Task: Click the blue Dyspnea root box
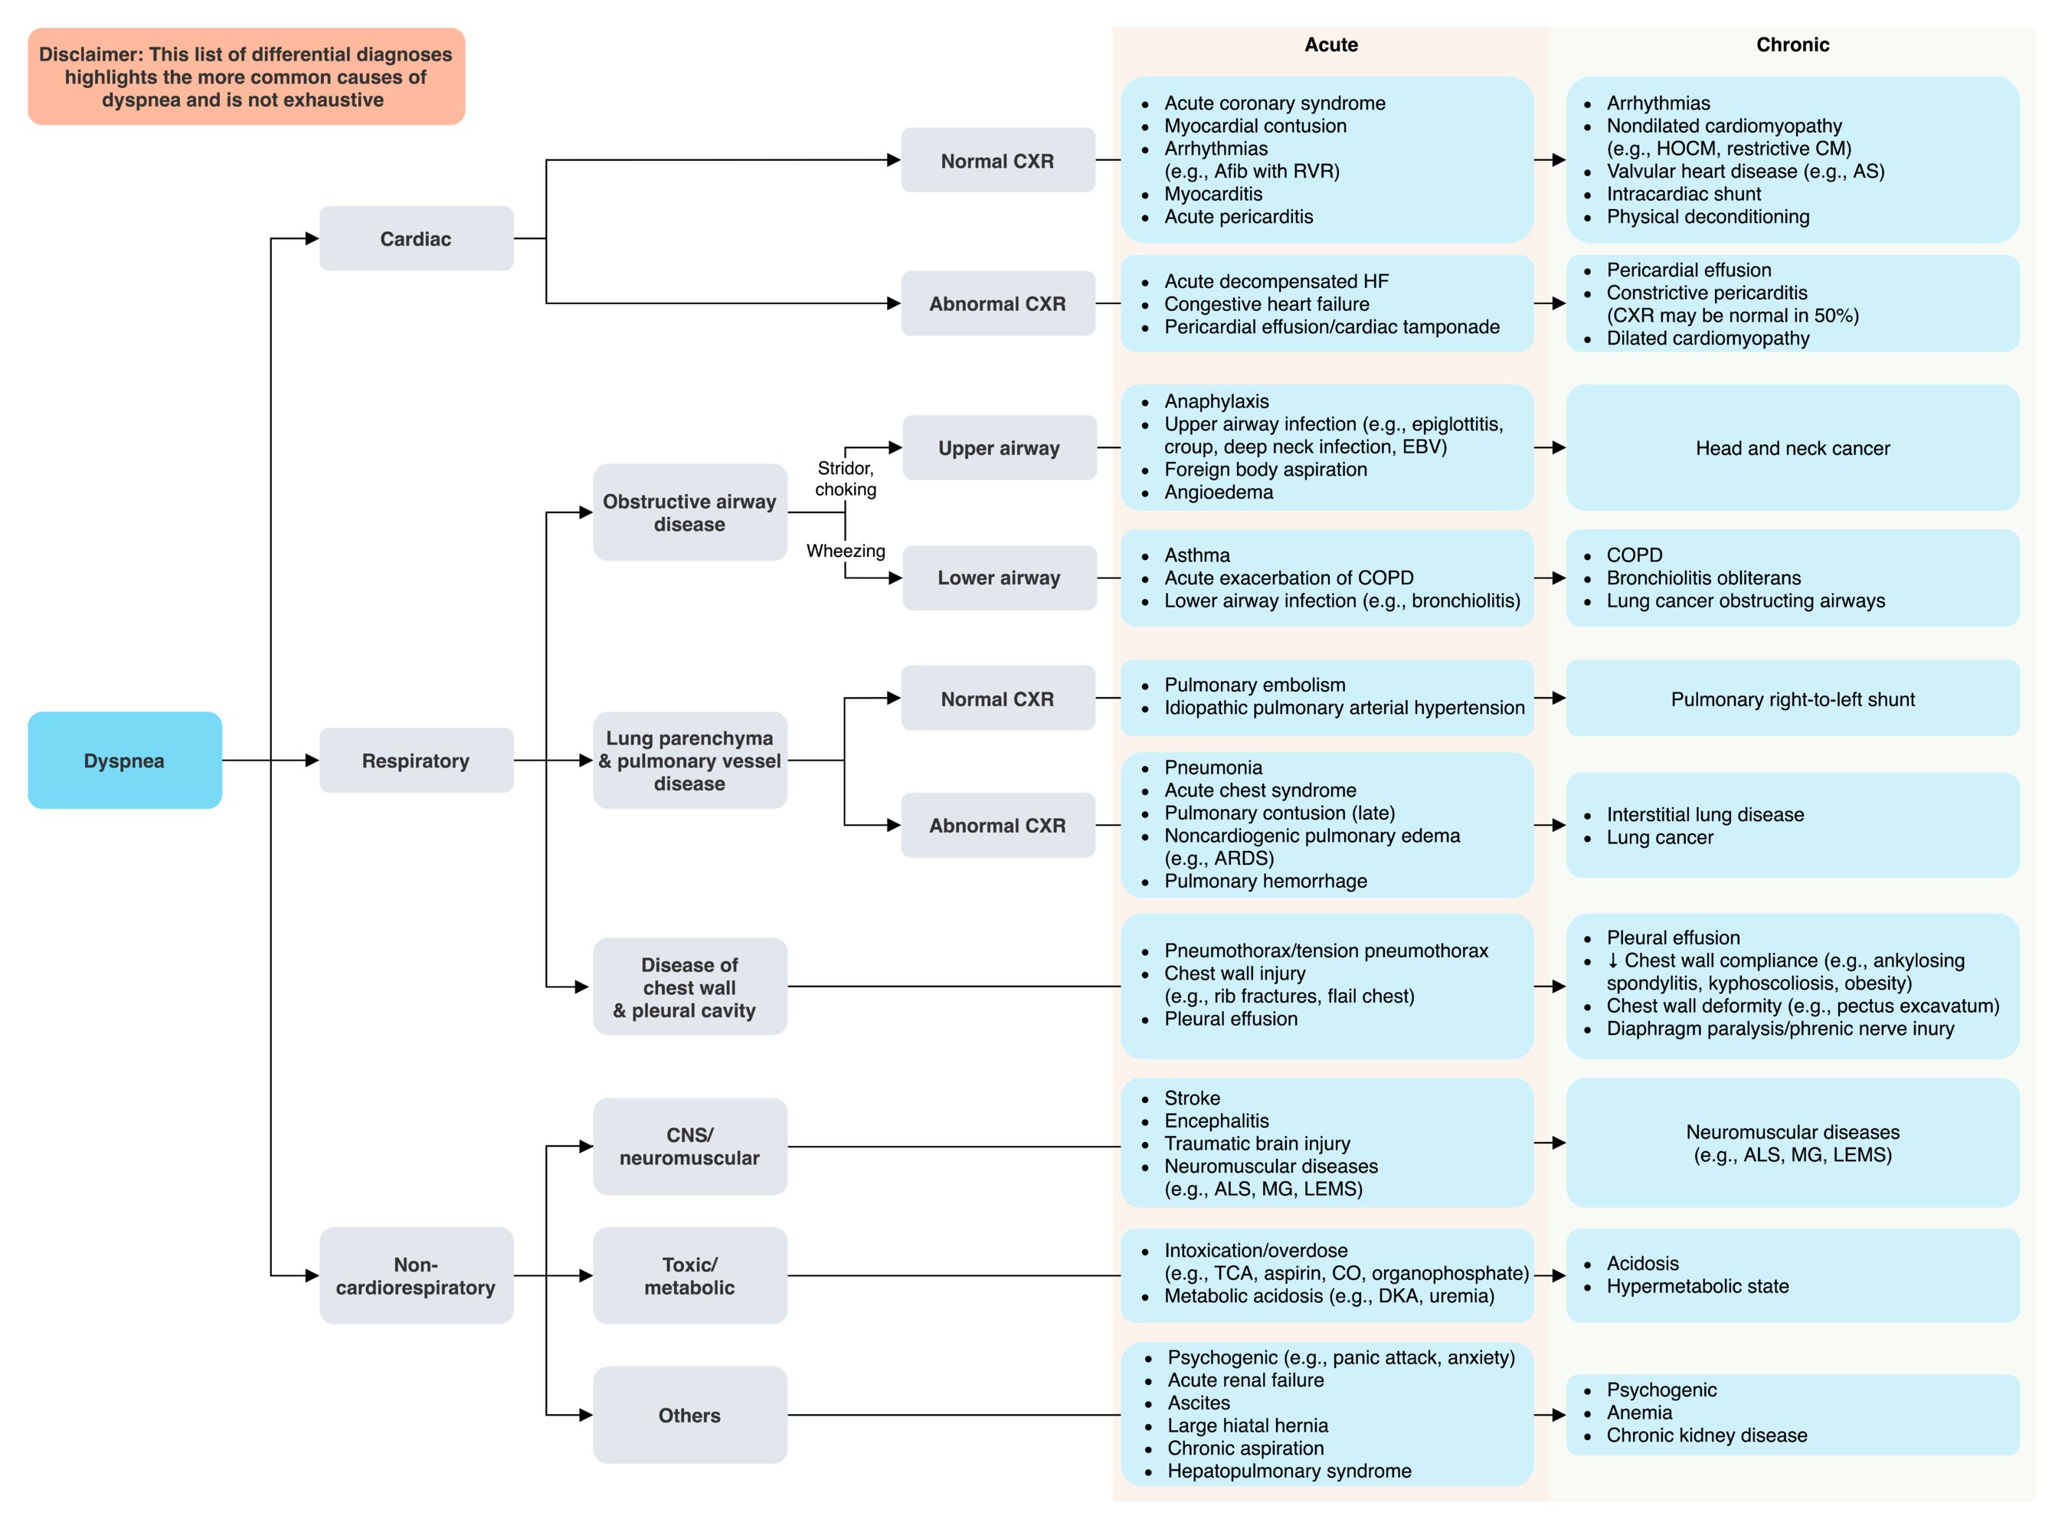point(124,761)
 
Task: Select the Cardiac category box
point(417,238)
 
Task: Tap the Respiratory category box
point(417,761)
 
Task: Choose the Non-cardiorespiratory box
point(417,1275)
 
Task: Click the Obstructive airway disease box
point(690,512)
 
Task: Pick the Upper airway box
point(1000,448)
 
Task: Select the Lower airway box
point(1000,578)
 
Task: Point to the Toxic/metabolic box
point(690,1275)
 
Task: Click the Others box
point(690,1415)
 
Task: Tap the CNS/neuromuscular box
point(690,1146)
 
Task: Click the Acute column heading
point(1330,44)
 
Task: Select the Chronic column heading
point(1792,44)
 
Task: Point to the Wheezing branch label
point(846,551)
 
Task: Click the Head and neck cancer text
point(1792,448)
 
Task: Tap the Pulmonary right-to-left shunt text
point(1792,699)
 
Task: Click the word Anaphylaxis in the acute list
point(1216,401)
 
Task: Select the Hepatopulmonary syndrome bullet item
point(1289,1471)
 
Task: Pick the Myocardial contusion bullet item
point(1255,126)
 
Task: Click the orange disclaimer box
point(246,76)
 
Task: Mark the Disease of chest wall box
point(690,987)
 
